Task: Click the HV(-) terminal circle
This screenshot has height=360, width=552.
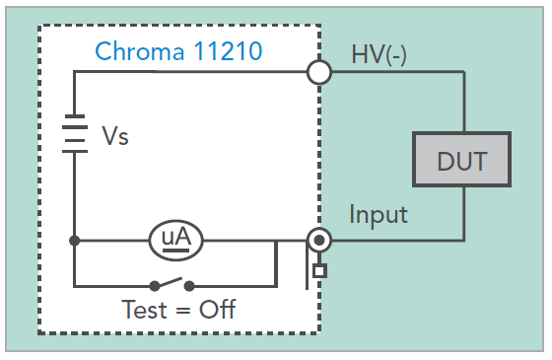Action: click(x=318, y=72)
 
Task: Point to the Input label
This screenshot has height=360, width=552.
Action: click(x=379, y=214)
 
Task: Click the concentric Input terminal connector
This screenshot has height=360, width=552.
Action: click(x=318, y=240)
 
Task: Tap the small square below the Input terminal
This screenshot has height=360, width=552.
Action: click(x=317, y=269)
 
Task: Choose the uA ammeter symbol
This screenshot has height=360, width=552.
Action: click(x=175, y=239)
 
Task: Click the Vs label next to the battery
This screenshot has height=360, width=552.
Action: click(x=115, y=136)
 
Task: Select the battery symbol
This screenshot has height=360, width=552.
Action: click(x=74, y=136)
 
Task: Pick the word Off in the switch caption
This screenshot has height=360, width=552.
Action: click(x=217, y=310)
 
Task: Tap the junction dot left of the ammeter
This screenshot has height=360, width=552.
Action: click(x=74, y=240)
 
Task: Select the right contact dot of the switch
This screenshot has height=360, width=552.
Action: click(x=189, y=287)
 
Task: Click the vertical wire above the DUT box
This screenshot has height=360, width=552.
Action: click(x=463, y=104)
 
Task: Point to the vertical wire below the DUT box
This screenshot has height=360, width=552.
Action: click(x=463, y=212)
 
